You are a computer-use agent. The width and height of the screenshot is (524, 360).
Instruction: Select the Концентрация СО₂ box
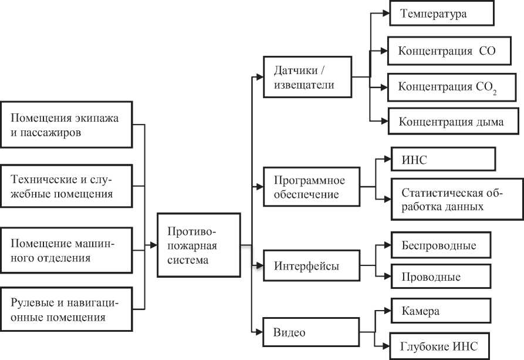click(x=449, y=88)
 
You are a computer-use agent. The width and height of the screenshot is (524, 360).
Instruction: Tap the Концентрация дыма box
click(x=451, y=122)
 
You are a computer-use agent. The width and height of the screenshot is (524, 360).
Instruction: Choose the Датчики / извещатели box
click(x=307, y=78)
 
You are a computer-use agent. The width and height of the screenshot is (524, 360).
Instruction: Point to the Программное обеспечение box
click(x=312, y=187)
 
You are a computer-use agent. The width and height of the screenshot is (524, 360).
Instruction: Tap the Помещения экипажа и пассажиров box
click(x=66, y=125)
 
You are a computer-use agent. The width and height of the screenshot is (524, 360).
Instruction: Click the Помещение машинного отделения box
click(x=66, y=250)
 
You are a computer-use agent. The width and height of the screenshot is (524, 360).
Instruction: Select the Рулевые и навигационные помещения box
click(x=66, y=309)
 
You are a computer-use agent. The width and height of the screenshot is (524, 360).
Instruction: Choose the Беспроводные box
click(x=440, y=245)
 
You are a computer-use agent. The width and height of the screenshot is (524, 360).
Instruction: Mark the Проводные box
click(x=440, y=277)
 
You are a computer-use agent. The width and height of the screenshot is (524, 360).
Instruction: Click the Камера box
click(x=440, y=311)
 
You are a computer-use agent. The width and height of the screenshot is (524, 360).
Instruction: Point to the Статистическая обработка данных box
click(x=455, y=199)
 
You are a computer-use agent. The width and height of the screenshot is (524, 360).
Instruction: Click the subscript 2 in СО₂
click(x=495, y=91)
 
